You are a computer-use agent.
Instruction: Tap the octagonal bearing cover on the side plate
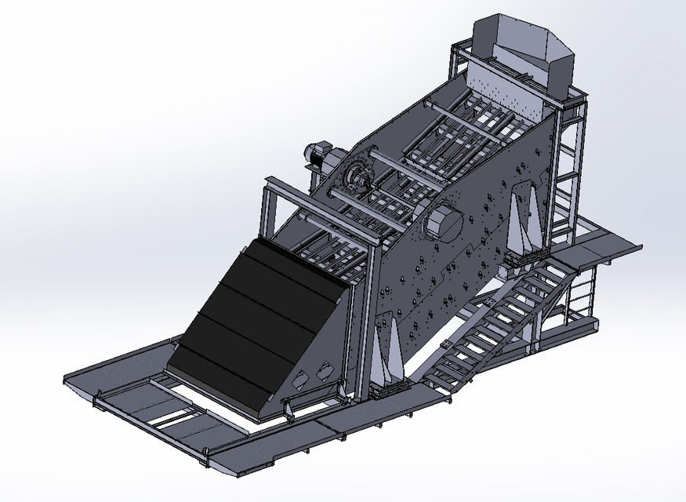click(x=444, y=220)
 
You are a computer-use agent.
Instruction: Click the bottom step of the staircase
click(x=445, y=377)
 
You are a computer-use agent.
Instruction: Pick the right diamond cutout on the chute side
click(x=321, y=369)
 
